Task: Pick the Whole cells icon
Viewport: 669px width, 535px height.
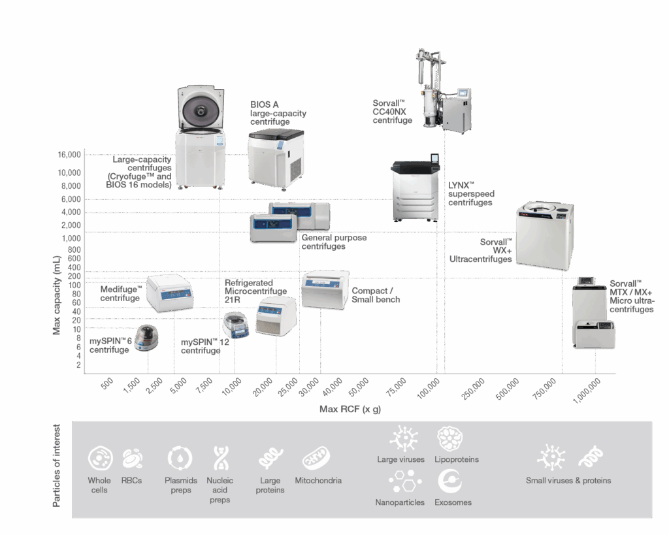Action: [x=99, y=459]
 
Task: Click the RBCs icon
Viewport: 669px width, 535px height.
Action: [x=133, y=459]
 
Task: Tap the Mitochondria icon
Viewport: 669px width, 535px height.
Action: [x=318, y=459]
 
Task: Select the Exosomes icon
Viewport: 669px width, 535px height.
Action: [x=449, y=482]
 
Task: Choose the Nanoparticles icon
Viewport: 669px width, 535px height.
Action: [x=400, y=482]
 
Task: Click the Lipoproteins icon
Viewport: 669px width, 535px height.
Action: [x=449, y=438]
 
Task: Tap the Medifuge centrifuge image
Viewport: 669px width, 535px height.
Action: [x=169, y=293]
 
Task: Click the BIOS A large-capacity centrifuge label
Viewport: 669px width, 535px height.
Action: [x=278, y=113]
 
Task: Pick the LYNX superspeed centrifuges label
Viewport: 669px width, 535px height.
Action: [x=470, y=194]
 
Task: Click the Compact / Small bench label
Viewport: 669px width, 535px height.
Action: [x=376, y=295]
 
